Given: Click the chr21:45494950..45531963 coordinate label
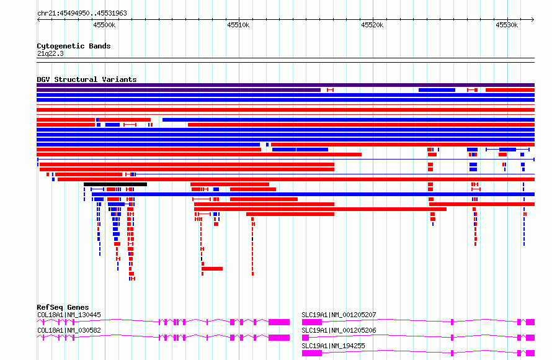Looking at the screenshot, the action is [x=82, y=14].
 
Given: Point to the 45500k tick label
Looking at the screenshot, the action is [x=104, y=25].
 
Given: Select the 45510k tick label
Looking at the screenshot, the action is [x=238, y=25].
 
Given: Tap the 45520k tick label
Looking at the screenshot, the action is [x=373, y=25].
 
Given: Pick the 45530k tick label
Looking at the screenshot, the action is [x=507, y=25].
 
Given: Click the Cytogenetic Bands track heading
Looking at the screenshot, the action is [x=74, y=46].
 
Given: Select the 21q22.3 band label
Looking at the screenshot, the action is [x=50, y=53].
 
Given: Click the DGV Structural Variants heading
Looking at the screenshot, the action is [x=87, y=79].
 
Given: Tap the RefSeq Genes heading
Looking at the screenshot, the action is [x=63, y=307].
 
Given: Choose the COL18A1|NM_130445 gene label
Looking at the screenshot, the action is [x=69, y=315].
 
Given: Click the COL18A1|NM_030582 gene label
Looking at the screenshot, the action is [x=69, y=330].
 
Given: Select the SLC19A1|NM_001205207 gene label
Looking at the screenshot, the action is [x=339, y=315].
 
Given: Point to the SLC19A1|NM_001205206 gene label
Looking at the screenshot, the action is [x=339, y=330].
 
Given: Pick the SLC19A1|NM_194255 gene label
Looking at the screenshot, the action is [x=334, y=346].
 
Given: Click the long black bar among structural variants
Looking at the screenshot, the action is [x=115, y=184].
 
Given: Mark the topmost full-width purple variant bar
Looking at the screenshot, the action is [x=285, y=85].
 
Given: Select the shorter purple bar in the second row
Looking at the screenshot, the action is [x=179, y=90].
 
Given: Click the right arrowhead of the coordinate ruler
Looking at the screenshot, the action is [x=533, y=20].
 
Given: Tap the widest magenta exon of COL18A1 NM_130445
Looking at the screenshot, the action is [x=279, y=322].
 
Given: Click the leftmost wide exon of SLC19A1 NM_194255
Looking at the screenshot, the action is [x=312, y=353].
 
